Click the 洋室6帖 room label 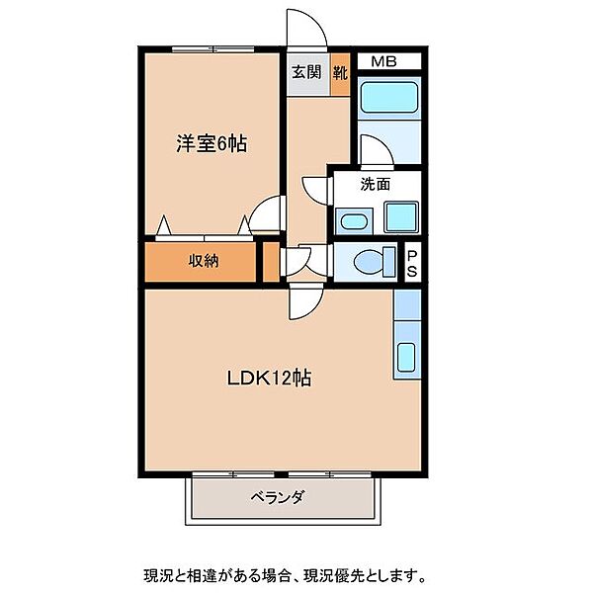tap(212, 143)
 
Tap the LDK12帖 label tap(269, 378)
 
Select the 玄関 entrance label tap(306, 72)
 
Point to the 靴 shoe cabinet tap(340, 74)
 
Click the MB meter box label tap(383, 61)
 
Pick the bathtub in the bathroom tap(389, 97)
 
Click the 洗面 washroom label tap(375, 184)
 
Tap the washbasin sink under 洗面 tap(354, 220)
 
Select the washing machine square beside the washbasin tap(401, 216)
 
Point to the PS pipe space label tap(412, 263)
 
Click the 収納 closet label tap(204, 261)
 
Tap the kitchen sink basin tap(406, 357)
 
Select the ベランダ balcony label tap(278, 497)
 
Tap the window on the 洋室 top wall tap(212, 48)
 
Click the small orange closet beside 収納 tap(271, 262)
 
